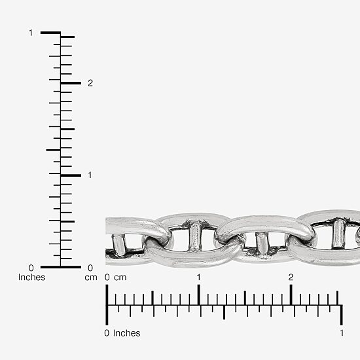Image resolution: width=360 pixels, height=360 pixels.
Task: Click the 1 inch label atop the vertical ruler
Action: [x=31, y=33]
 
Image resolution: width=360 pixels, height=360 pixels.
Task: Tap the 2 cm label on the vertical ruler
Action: [x=90, y=83]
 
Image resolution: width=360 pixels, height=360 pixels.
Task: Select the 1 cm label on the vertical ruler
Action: [x=90, y=175]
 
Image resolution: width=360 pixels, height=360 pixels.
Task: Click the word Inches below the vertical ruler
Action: [x=31, y=277]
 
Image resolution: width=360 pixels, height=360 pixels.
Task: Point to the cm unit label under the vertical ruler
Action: [x=91, y=278]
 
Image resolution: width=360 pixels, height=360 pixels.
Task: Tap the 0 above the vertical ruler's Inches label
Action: [x=31, y=268]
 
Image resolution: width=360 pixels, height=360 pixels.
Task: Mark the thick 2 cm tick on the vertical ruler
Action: [x=71, y=83]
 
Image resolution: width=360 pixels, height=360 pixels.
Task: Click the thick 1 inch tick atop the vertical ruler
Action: [x=50, y=33]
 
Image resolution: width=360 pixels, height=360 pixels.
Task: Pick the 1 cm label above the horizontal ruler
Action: [x=199, y=278]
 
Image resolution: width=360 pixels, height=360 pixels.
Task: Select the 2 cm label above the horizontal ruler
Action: [x=291, y=278]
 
